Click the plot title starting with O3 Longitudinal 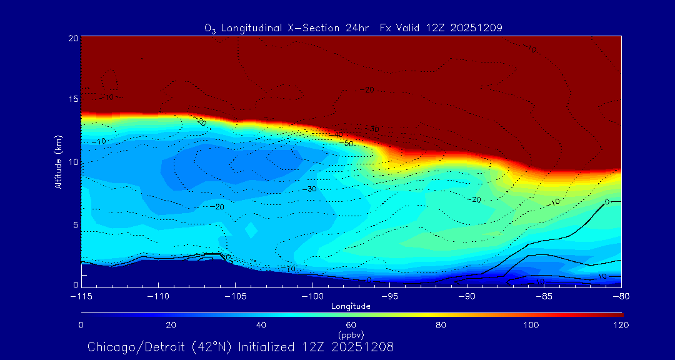point(353,28)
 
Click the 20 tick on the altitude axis point(72,38)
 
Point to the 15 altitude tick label point(72,99)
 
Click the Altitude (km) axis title point(59,162)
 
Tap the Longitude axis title point(351,306)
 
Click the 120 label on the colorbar point(621,325)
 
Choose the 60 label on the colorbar point(351,325)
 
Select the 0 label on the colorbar point(81,325)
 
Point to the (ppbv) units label point(351,335)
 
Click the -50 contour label point(348,143)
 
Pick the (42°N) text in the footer point(212,347)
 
